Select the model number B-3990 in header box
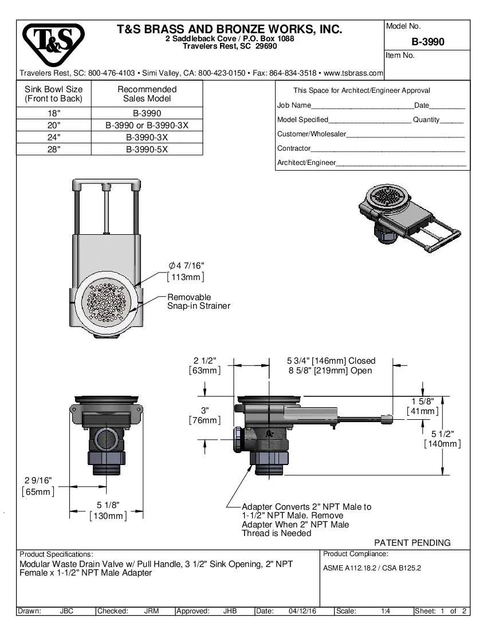click(427, 42)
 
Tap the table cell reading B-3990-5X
click(147, 149)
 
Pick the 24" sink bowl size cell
click(53, 137)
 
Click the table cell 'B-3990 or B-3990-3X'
click(147, 125)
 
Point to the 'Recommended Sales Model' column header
click(147, 94)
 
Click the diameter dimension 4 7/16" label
click(186, 265)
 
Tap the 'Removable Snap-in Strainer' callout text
click(198, 302)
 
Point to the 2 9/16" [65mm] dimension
click(38, 486)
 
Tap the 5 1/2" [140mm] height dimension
click(442, 439)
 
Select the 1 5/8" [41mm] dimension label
click(423, 406)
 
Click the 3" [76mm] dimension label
click(205, 415)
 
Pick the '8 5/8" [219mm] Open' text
click(330, 371)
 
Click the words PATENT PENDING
click(412, 542)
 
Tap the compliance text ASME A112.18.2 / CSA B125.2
click(372, 568)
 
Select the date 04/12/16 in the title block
click(303, 611)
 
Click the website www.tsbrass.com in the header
click(353, 73)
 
